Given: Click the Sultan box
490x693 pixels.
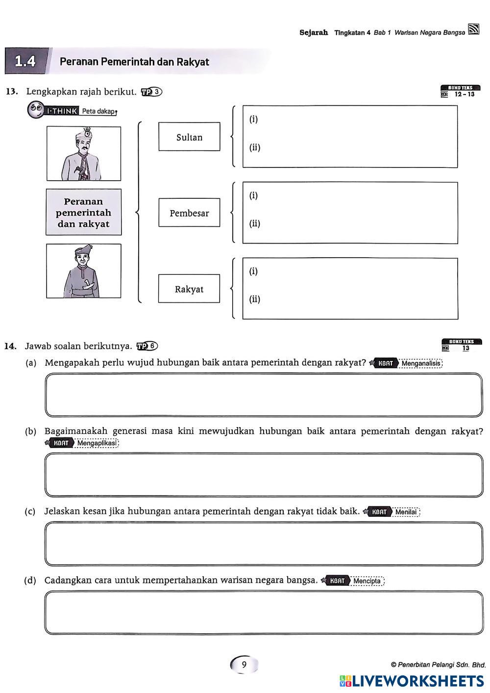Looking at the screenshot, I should (x=189, y=137).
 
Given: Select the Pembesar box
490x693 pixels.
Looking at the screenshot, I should (x=189, y=213).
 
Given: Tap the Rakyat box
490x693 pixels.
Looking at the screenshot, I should (x=189, y=288).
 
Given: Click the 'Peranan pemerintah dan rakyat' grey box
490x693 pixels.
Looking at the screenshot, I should (x=84, y=213).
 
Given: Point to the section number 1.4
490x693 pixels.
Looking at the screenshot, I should (x=25, y=61).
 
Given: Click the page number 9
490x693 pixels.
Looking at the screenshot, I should (x=244, y=665).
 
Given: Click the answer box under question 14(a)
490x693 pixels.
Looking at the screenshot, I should (x=264, y=395).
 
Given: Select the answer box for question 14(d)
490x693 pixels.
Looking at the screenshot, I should (x=264, y=613).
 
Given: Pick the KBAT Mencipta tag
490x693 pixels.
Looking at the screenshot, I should (x=354, y=581).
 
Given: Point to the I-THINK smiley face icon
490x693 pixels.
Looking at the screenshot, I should (x=36, y=110).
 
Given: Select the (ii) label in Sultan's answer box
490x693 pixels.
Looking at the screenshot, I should (x=255, y=147).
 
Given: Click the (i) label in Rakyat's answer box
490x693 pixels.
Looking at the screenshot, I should (x=253, y=271).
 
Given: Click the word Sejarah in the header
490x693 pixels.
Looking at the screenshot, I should (x=314, y=33).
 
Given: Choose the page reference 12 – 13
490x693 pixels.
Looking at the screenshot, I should (x=464, y=94).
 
